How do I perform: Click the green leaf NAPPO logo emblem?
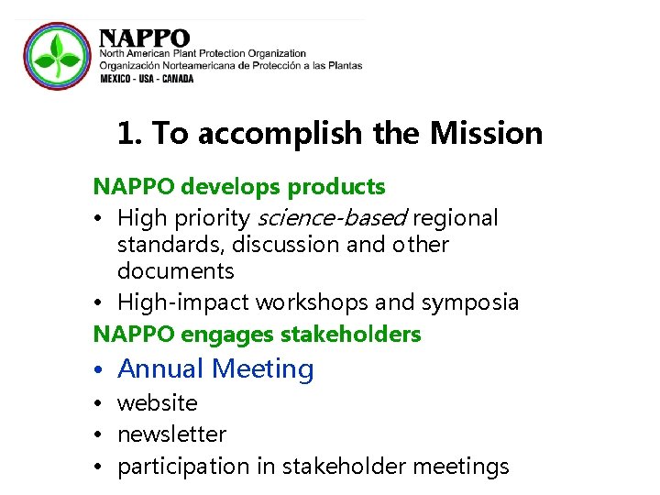pos(56,56)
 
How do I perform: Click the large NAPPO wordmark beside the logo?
pos(145,38)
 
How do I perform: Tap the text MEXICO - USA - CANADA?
pos(147,79)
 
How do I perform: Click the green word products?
pos(336,187)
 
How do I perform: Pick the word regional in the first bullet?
pos(456,218)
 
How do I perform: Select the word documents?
pos(176,271)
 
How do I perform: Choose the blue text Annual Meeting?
pos(215,368)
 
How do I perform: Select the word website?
pos(157,403)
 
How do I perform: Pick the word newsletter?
pos(171,434)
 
